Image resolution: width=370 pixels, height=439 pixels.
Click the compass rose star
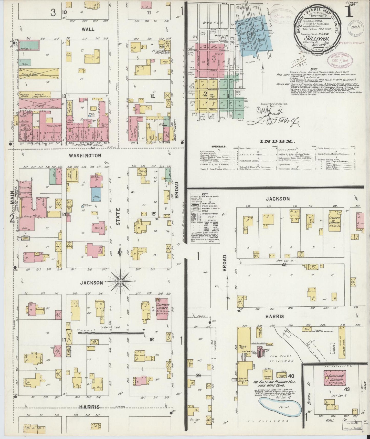[120, 281]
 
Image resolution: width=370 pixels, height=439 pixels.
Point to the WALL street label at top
[88, 29]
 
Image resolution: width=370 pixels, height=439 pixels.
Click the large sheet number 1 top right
[349, 12]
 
